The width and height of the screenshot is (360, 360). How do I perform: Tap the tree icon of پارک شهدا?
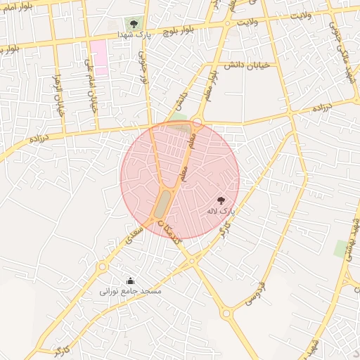[x=134, y=24]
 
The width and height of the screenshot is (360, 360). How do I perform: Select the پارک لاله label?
[x=221, y=211]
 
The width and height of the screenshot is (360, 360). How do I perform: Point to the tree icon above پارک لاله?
[x=221, y=200]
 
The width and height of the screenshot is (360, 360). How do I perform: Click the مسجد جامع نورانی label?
[x=130, y=290]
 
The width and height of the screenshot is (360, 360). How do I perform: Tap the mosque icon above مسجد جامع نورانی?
[x=130, y=281]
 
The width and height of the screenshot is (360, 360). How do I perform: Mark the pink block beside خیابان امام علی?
[x=98, y=58]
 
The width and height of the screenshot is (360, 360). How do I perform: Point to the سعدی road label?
[x=135, y=235]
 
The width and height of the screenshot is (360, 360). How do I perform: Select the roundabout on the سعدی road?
[x=103, y=266]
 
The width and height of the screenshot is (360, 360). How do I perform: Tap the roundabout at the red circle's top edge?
[x=198, y=123]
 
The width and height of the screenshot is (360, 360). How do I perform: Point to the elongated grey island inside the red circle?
[x=162, y=204]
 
